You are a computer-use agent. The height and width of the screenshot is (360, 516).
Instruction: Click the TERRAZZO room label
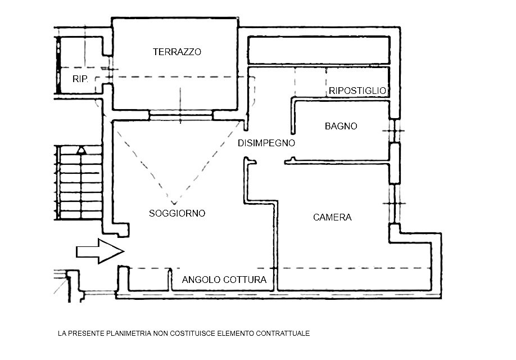(x=176, y=52)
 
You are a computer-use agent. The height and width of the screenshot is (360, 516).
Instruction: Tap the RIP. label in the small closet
(x=80, y=79)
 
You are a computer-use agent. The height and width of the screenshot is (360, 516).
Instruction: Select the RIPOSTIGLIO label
(x=357, y=91)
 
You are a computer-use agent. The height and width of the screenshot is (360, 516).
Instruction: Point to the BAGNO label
(x=341, y=127)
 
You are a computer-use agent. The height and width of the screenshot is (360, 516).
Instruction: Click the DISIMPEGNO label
(x=266, y=143)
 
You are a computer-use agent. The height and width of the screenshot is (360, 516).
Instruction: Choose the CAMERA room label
(x=332, y=217)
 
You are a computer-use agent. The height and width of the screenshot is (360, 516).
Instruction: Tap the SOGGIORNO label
(x=177, y=214)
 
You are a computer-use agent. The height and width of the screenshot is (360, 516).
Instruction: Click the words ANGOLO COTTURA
(x=224, y=280)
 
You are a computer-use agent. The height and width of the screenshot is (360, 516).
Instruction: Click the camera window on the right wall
(x=395, y=202)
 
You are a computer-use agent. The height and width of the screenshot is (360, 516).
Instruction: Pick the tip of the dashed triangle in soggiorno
(x=175, y=204)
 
